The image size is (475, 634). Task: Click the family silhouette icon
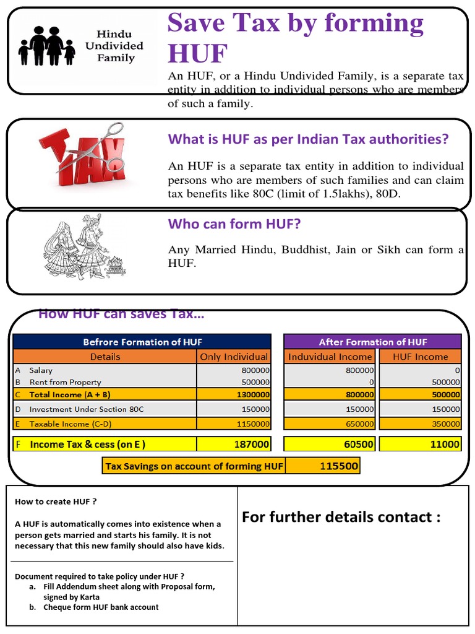47,47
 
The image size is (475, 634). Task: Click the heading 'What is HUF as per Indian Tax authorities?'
308,139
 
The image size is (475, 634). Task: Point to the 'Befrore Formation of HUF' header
142,342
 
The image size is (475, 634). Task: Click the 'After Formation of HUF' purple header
372,342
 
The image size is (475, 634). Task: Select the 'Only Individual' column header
234,357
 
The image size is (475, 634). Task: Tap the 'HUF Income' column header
420,357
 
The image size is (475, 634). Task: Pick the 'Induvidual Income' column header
330,357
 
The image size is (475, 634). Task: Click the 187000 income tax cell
234,444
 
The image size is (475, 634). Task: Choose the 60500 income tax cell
330,444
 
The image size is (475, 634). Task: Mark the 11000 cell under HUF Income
420,444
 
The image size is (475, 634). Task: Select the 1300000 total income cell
234,394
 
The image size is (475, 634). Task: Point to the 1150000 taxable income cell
234,424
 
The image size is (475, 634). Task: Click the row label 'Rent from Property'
65,382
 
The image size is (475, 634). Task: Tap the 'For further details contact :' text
341,517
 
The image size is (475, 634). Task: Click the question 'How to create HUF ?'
56,502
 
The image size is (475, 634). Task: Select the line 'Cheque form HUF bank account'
101,607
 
